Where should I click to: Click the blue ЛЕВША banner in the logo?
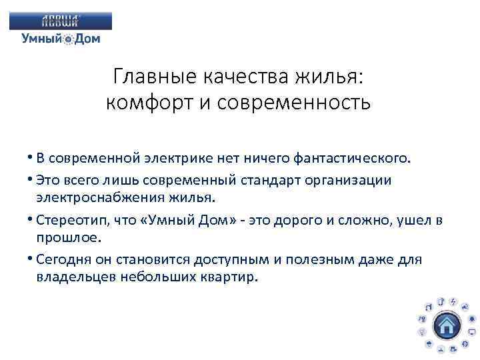tap(61, 21)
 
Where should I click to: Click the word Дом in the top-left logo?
tap(87, 39)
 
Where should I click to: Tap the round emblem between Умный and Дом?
tap(69, 40)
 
